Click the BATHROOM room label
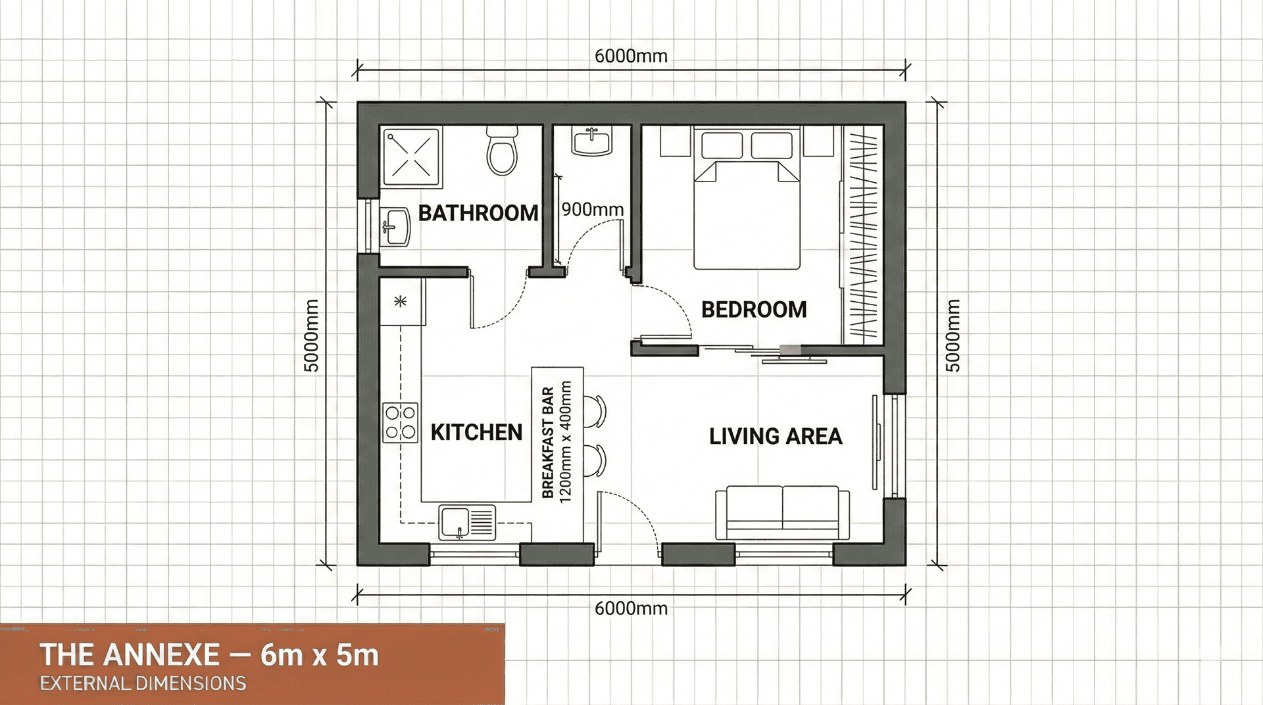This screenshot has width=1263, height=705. coord(478,213)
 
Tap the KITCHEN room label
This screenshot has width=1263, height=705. coord(476,432)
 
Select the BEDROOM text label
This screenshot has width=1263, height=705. coord(754,309)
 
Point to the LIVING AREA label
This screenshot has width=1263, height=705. coord(776,436)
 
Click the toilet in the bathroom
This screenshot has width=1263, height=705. coord(503,152)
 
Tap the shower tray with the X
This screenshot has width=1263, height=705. coord(412,157)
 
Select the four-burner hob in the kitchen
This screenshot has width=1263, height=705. coord(401,422)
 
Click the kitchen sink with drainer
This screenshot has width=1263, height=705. coord(467,522)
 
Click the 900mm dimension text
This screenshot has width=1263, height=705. coord(593,209)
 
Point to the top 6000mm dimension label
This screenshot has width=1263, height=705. coord(631,56)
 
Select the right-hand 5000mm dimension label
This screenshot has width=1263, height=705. coord(953,335)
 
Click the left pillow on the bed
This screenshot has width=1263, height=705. coord(722,145)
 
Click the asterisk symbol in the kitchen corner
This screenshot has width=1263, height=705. coord(400,302)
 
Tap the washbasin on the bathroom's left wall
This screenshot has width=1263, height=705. coord(395,228)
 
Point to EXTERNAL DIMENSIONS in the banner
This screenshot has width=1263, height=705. coord(143,683)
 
